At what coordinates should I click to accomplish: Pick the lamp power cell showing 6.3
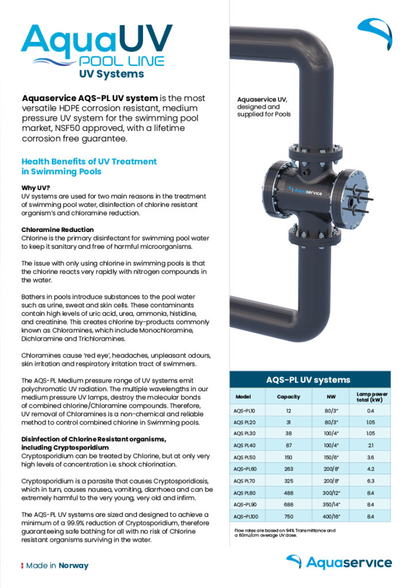[371, 481]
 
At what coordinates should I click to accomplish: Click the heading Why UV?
[36, 188]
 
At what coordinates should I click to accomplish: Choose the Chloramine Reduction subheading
[54, 229]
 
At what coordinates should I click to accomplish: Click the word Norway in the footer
[74, 566]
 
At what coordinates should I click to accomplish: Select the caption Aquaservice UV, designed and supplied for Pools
[264, 107]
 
